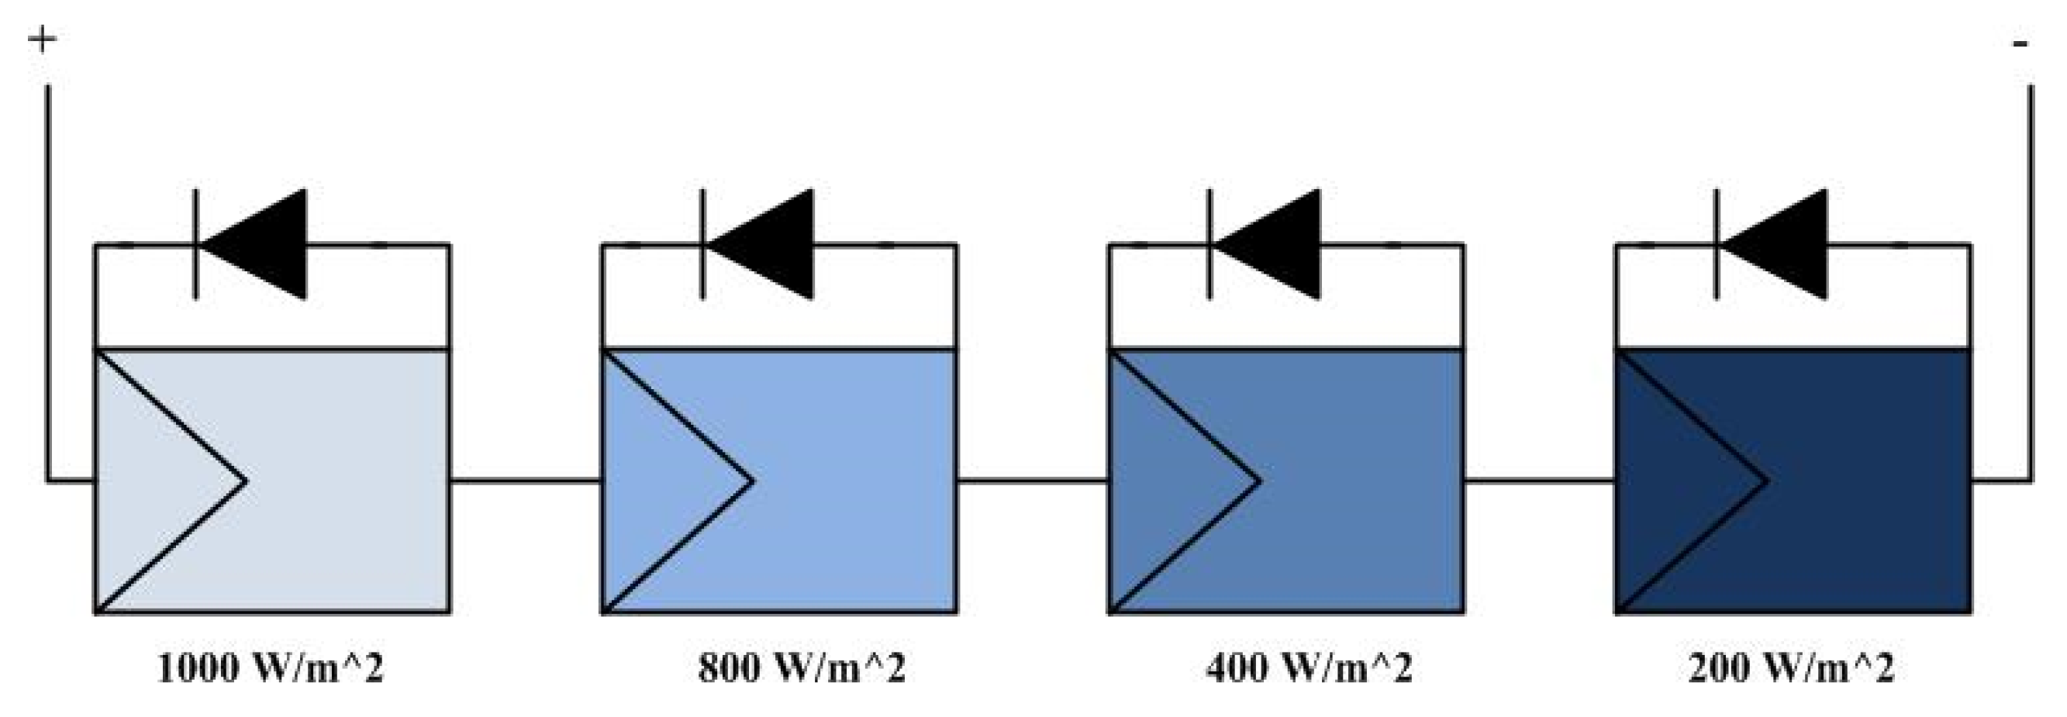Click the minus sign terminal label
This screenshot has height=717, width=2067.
(2020, 44)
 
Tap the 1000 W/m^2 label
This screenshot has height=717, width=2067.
(271, 668)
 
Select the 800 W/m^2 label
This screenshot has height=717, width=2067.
(802, 668)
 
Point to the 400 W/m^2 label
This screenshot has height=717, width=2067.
(1309, 668)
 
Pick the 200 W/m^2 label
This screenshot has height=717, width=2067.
(1791, 668)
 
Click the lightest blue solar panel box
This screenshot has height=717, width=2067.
(321, 481)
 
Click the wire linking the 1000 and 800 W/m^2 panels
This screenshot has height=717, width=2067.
(526, 481)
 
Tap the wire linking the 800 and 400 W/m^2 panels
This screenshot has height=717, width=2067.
(1033, 481)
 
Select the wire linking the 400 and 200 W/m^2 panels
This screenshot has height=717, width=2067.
(1540, 481)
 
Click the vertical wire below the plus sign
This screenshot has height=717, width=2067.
(47, 281)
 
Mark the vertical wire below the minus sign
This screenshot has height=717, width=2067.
(2031, 281)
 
